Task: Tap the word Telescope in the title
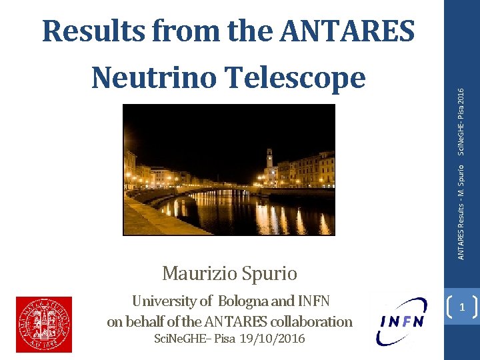[x=309, y=78]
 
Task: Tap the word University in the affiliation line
[x=163, y=301]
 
